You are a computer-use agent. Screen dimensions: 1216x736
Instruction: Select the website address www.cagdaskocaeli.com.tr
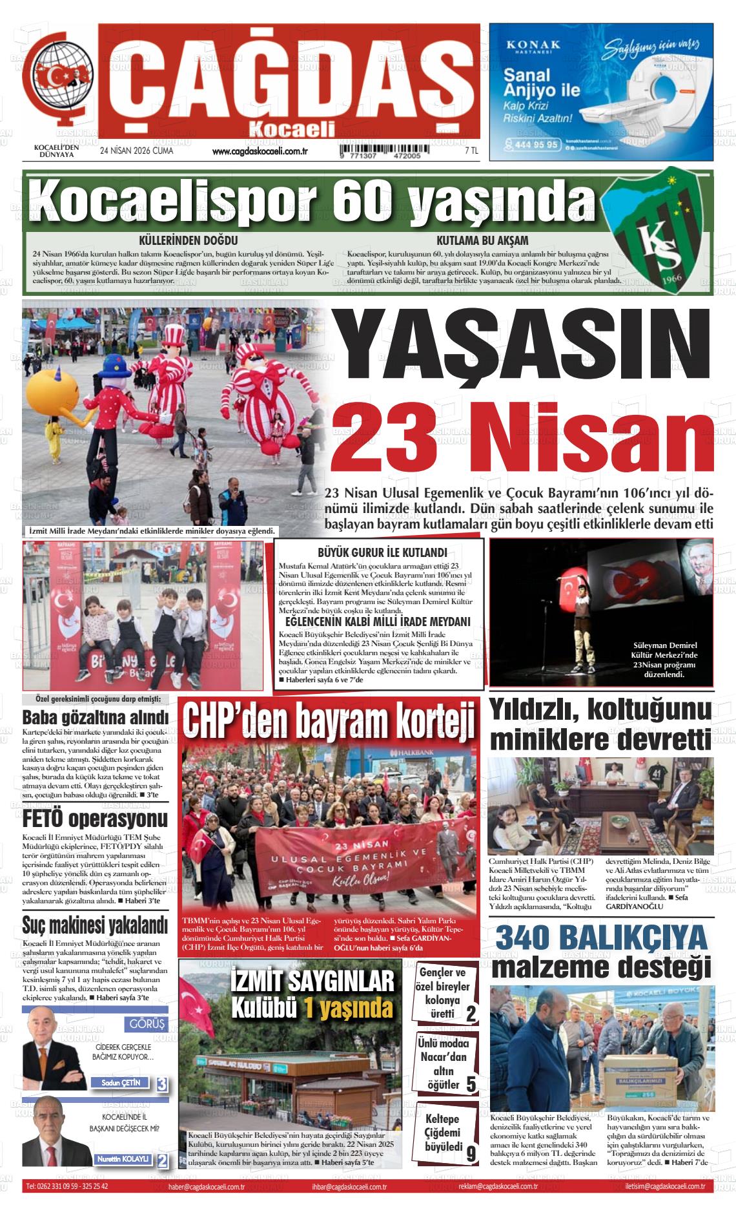(258, 152)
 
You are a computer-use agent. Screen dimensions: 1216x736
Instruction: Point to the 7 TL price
(471, 151)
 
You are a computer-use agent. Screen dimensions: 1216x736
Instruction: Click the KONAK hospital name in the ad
(533, 45)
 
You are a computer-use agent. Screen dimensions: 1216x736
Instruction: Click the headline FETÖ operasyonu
(95, 820)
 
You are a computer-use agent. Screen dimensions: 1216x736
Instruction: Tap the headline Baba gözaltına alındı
(95, 718)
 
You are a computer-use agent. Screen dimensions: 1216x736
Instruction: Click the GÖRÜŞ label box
(148, 1025)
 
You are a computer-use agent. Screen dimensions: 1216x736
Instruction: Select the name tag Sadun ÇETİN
(120, 1083)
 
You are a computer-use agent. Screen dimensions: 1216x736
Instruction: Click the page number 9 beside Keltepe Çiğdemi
(471, 1153)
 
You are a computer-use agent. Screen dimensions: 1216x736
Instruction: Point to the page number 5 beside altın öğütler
(471, 1084)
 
